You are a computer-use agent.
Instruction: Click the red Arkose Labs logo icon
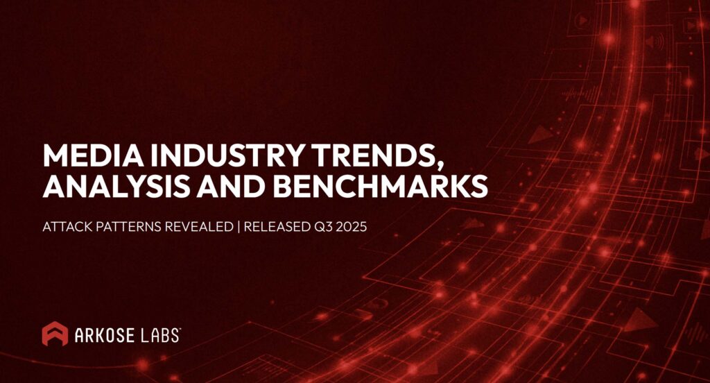[x=55, y=334]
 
